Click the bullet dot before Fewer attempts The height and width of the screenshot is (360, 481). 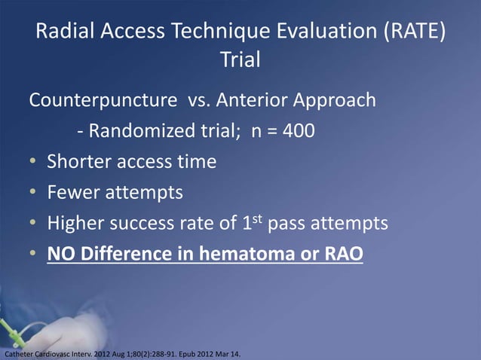click(35, 194)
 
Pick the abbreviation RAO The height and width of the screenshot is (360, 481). click(341, 255)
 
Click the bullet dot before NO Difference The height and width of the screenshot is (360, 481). click(35, 255)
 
